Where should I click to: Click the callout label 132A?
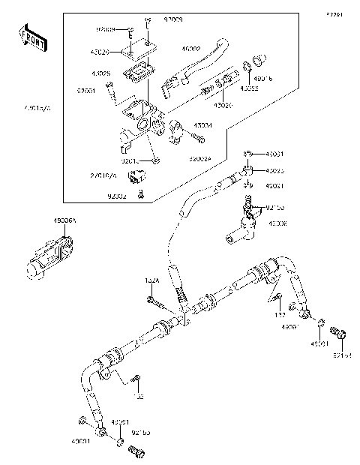pyautogui.click(x=151, y=280)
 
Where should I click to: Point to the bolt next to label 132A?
pyautogui.click(x=156, y=302)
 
